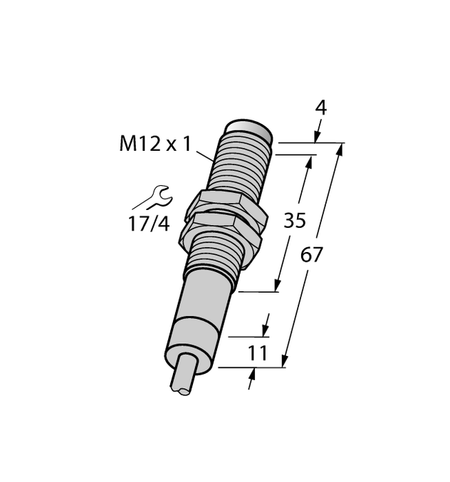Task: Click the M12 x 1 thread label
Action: tap(155, 145)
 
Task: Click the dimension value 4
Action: tap(320, 108)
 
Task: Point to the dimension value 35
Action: tap(295, 221)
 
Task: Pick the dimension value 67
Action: tap(311, 254)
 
